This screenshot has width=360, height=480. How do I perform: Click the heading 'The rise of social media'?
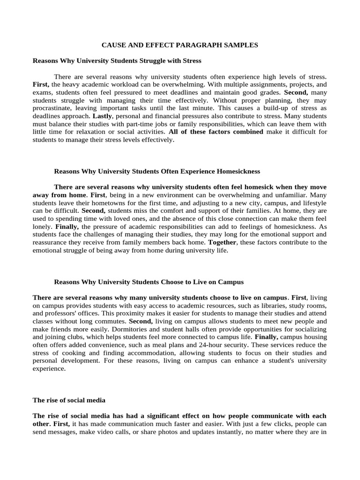(x=69, y=400)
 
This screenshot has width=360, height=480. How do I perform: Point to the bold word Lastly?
(x=102, y=115)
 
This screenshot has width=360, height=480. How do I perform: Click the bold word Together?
(x=223, y=242)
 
